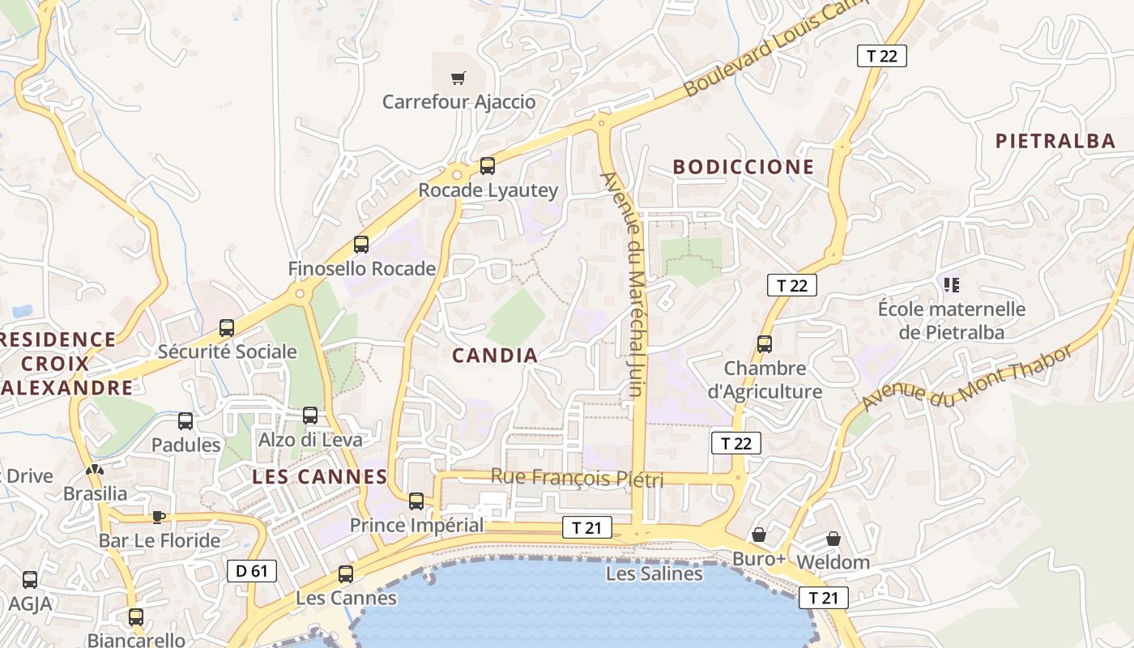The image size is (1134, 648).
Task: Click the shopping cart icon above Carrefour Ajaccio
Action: [458, 79]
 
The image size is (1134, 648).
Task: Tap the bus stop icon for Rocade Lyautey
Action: [488, 166]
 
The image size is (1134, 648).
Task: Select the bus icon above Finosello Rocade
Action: [361, 244]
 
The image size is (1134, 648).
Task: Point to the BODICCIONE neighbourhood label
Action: [744, 167]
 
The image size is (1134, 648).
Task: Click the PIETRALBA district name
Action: [1055, 141]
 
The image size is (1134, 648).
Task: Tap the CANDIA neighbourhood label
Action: [495, 355]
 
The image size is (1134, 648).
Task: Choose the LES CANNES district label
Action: [320, 476]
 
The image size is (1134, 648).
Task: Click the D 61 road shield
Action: [251, 571]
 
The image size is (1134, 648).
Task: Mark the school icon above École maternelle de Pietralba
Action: [952, 284]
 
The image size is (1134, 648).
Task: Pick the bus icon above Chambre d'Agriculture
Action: [765, 343]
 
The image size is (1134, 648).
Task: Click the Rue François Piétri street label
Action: [577, 478]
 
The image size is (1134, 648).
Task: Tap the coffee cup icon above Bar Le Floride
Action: [159, 517]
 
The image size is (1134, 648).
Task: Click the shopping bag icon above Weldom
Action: [833, 539]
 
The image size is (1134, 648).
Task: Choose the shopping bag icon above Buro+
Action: [759, 535]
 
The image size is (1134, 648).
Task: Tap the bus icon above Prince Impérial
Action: [416, 501]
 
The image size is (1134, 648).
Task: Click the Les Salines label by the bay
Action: [654, 573]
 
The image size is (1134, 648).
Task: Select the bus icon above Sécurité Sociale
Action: [227, 328]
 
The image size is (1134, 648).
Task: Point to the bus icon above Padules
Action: [185, 421]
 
